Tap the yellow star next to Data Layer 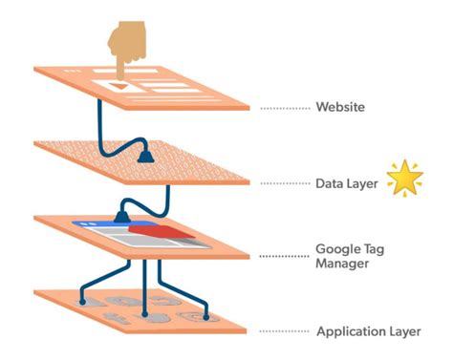tap(404, 179)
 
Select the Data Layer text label tap(347, 181)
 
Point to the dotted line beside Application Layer tap(285, 331)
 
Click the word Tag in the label tap(375, 247)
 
